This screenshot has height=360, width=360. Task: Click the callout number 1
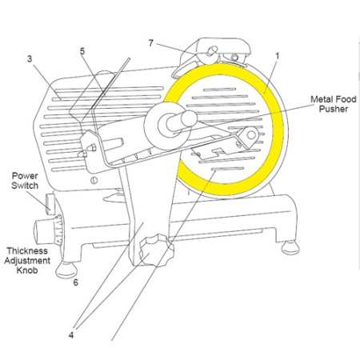click(x=276, y=58)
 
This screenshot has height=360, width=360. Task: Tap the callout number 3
click(x=29, y=58)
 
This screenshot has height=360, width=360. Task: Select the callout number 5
click(x=82, y=51)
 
